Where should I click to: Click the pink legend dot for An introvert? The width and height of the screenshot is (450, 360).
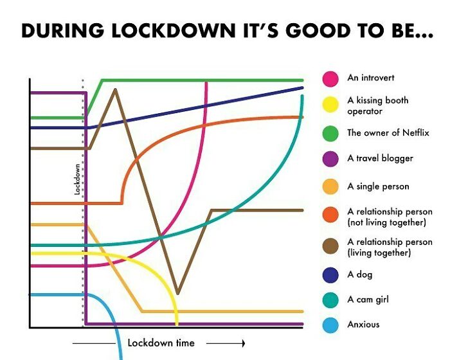pos(331,78)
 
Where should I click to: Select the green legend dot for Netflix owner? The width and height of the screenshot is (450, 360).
pos(331,133)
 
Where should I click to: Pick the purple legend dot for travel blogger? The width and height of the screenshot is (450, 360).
pos(331,159)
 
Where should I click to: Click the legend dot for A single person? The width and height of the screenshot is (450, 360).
pos(331,186)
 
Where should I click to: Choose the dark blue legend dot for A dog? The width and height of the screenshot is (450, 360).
pos(331,275)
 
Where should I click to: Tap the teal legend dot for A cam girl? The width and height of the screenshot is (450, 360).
pos(331,300)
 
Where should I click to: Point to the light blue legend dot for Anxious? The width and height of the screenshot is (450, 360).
pos(331,325)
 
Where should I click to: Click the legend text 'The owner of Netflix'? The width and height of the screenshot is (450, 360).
pos(379,133)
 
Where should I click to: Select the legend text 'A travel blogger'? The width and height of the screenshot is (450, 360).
pos(380,158)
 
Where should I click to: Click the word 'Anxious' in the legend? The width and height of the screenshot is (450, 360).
pos(363,325)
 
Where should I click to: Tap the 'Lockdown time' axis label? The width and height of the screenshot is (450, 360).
pos(161,343)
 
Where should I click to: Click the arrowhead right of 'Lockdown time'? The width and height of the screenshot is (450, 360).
pos(242,343)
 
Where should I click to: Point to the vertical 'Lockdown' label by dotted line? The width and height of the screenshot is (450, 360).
pos(76,179)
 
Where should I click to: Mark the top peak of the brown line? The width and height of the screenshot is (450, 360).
pos(115,89)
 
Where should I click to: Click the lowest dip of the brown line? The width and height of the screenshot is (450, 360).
pos(177,293)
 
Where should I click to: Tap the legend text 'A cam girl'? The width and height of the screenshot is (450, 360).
pos(368,300)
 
